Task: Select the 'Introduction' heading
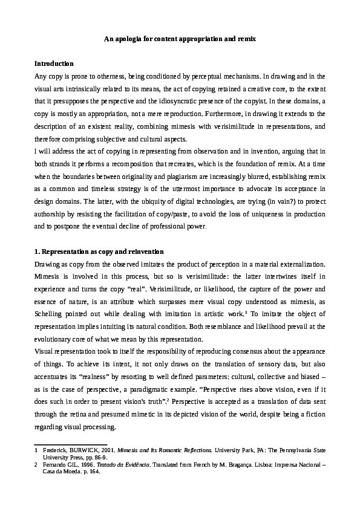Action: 54,63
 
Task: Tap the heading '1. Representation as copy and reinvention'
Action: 99,251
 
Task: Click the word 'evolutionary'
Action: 55,340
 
